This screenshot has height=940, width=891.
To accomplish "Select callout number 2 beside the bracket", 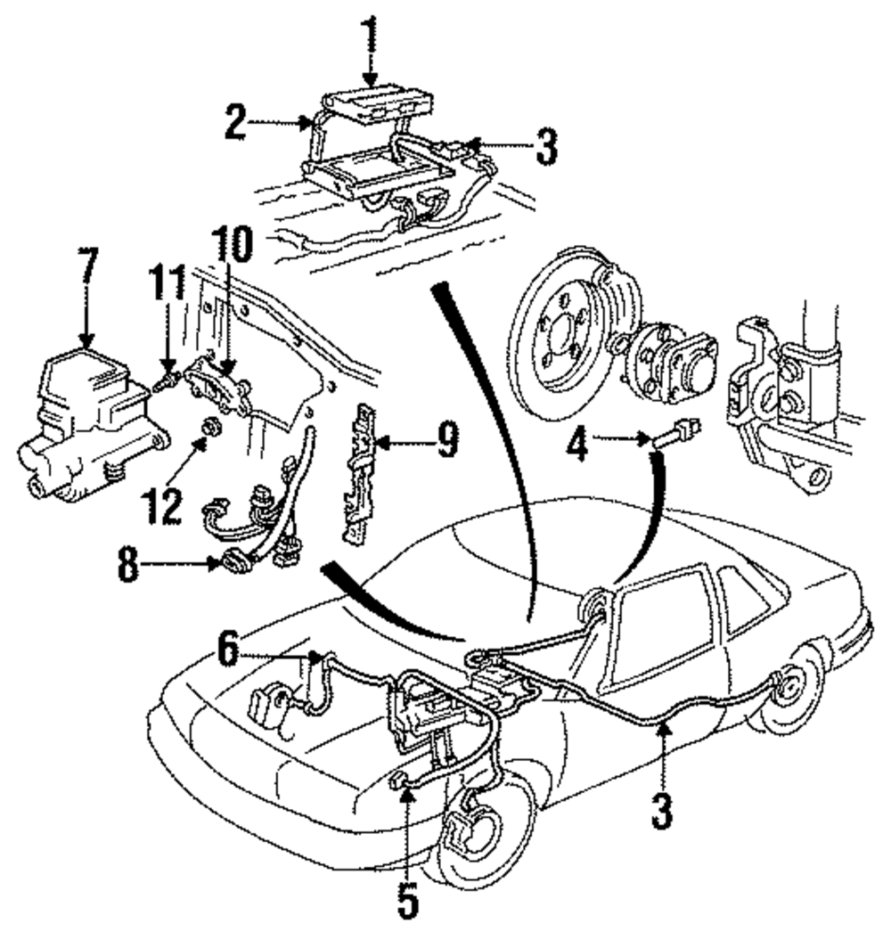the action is point(235,122).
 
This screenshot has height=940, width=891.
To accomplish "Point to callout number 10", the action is point(233,245).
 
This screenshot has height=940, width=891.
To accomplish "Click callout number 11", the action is point(168,283).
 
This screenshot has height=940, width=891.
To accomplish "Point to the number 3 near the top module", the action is point(546,146).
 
